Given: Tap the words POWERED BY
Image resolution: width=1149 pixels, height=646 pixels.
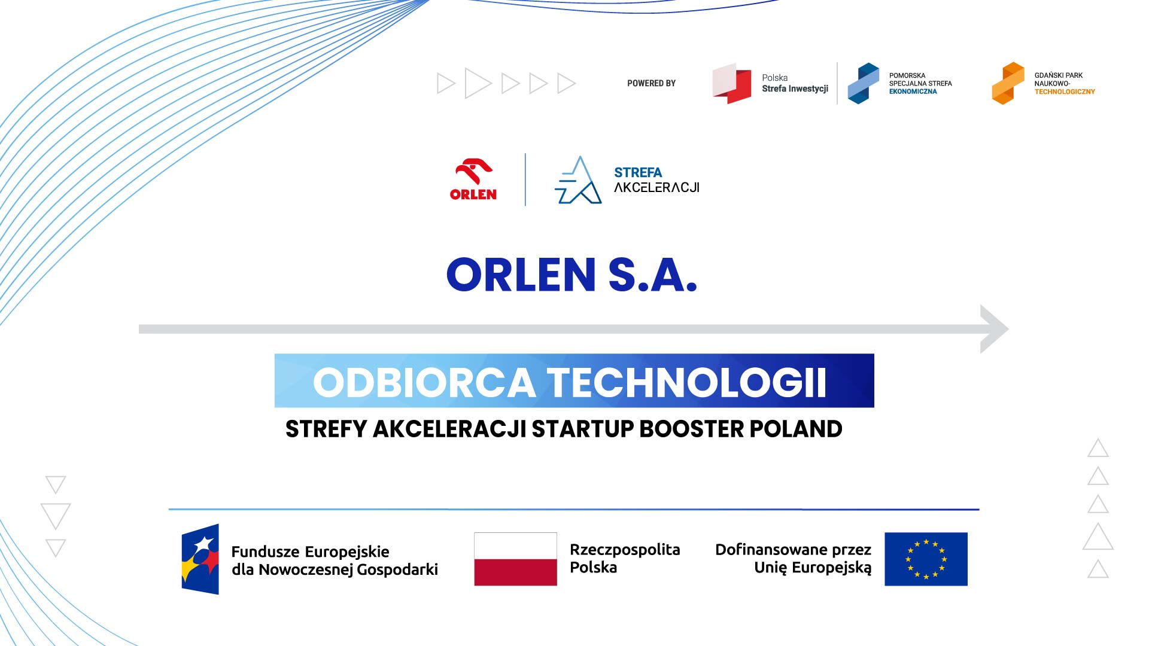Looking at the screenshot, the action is click(651, 83).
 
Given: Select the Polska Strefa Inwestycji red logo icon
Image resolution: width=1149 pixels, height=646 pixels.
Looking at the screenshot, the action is click(731, 83).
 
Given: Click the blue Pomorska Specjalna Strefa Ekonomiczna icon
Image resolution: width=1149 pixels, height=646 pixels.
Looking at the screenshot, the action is click(863, 83).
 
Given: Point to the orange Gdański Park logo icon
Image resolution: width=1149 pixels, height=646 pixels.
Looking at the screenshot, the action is click(1008, 83).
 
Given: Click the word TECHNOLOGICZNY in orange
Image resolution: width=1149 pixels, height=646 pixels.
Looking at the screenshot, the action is click(1065, 92).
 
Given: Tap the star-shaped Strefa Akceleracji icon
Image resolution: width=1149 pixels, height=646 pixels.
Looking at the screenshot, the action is click(577, 180).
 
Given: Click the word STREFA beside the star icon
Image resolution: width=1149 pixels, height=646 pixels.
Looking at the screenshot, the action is click(638, 173).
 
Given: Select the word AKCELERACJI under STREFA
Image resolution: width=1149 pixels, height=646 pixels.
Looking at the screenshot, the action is click(656, 187).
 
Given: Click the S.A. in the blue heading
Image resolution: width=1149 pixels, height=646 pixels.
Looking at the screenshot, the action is click(653, 275).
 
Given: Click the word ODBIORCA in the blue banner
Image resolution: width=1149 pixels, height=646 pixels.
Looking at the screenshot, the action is click(424, 382).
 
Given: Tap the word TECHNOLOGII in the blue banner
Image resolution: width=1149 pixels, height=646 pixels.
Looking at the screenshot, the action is click(687, 382).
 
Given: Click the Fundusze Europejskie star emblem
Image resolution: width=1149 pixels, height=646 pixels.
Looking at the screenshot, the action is click(200, 559).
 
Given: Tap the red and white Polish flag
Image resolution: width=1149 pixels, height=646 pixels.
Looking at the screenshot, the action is click(515, 559).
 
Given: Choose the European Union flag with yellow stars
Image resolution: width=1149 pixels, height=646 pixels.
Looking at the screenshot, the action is click(926, 559).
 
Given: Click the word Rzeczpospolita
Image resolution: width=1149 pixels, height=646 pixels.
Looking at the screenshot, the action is click(625, 550).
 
